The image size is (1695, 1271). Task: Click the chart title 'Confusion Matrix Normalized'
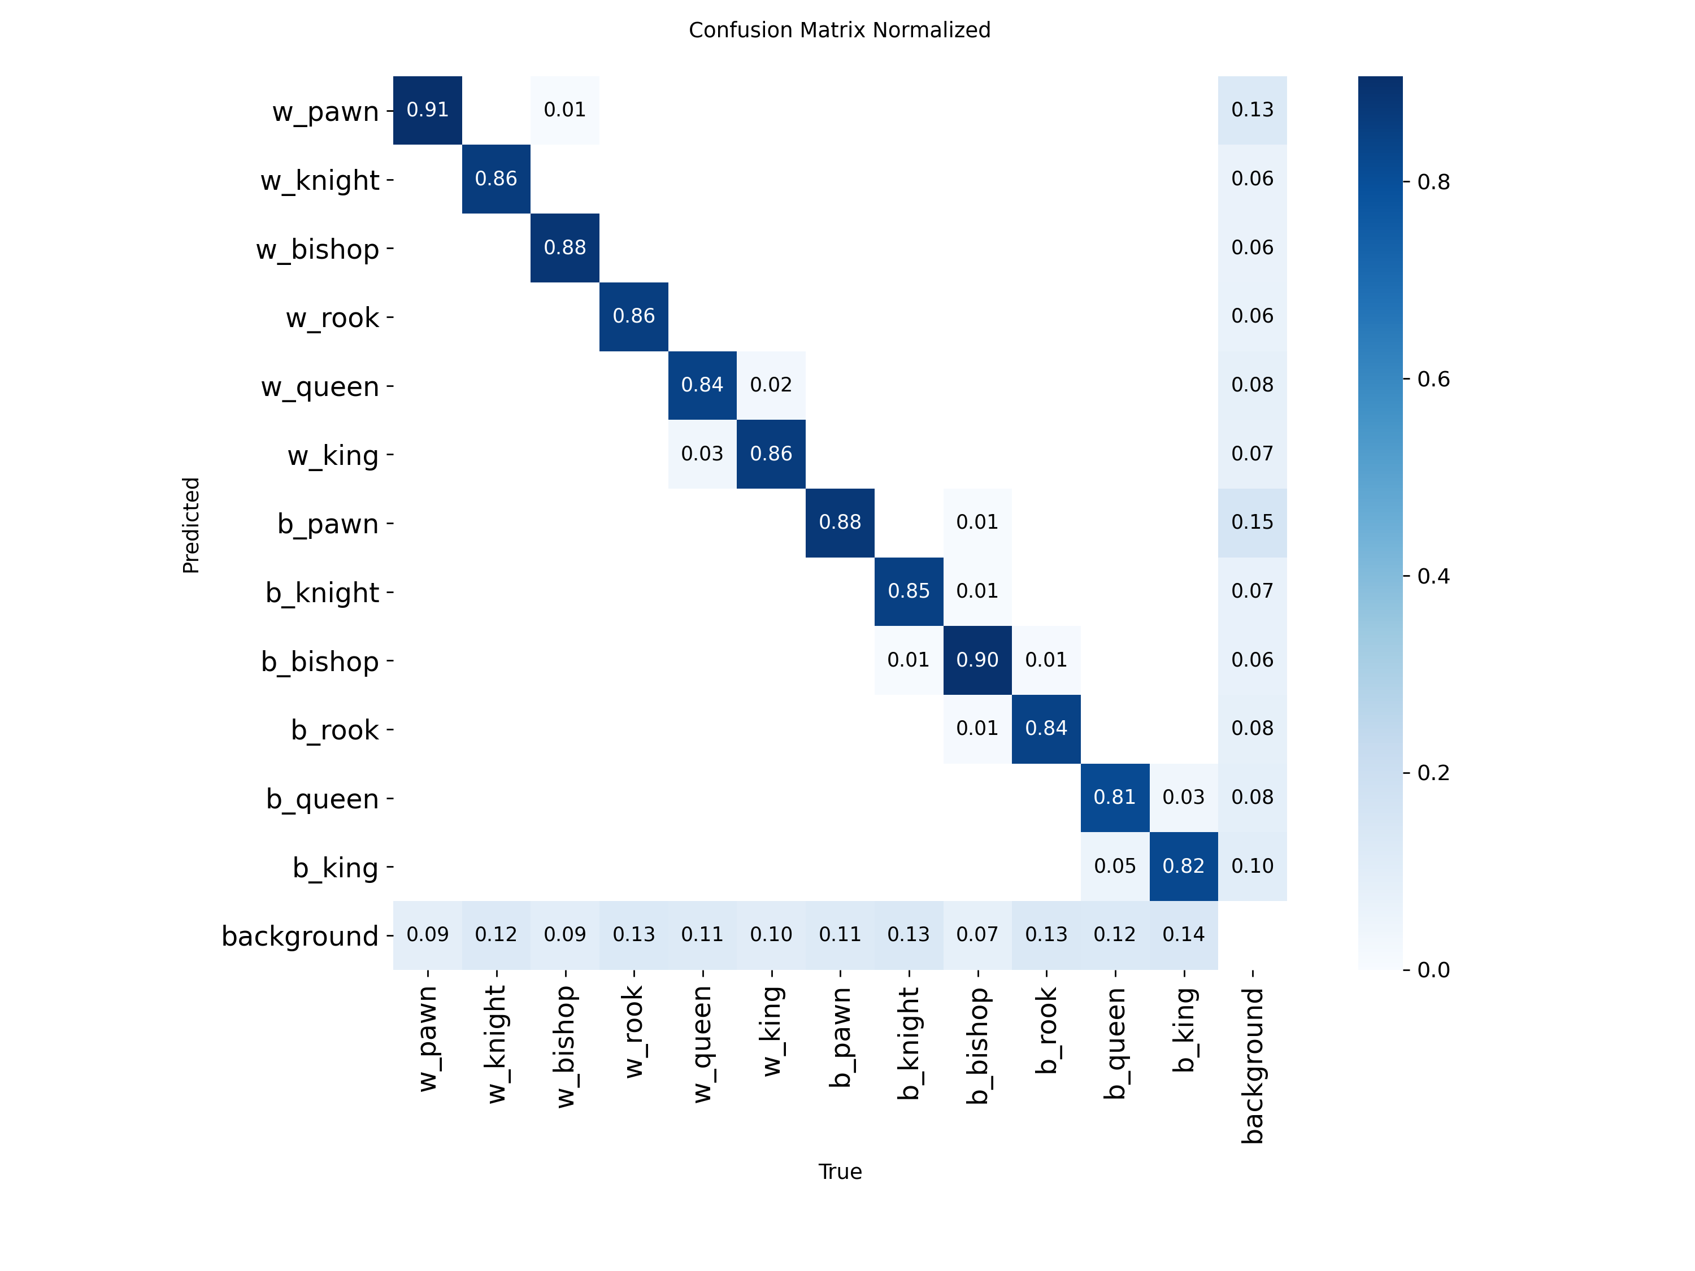click(839, 30)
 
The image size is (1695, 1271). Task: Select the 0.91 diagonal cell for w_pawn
click(428, 110)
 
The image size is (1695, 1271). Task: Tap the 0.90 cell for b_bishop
click(977, 660)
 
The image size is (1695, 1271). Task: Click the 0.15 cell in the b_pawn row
click(1252, 523)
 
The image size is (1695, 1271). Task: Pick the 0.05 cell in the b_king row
click(1115, 867)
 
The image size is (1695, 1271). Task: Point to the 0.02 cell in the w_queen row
click(771, 385)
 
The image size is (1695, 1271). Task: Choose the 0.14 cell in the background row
click(1183, 935)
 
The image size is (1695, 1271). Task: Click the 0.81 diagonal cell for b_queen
click(1115, 798)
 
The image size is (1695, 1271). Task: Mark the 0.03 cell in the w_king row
click(702, 454)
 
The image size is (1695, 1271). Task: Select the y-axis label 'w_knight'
click(320, 181)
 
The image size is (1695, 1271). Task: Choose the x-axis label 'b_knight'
click(909, 1043)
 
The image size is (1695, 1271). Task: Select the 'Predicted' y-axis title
click(191, 525)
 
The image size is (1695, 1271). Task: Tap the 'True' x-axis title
click(840, 1172)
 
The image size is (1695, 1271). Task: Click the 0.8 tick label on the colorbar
click(1433, 182)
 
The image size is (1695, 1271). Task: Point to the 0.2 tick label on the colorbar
click(1433, 773)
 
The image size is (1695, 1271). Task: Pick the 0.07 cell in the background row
click(977, 935)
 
